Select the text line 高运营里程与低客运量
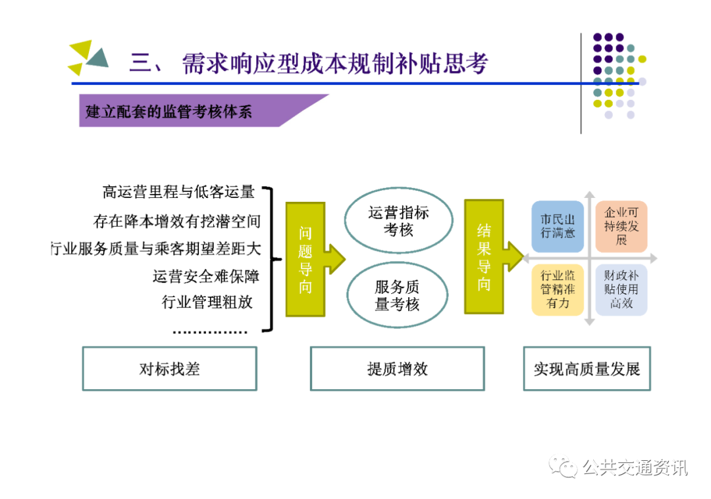click(178, 192)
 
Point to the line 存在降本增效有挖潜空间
click(176, 222)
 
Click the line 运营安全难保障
click(205, 276)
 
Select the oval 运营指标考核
click(398, 222)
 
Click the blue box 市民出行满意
click(558, 226)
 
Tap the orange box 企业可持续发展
click(621, 226)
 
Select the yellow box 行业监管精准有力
click(558, 289)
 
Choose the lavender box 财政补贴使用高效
click(621, 289)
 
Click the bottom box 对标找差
click(169, 369)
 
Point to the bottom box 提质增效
click(397, 369)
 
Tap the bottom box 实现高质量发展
click(587, 369)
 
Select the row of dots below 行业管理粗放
click(210, 331)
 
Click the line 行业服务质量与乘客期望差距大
click(155, 249)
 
